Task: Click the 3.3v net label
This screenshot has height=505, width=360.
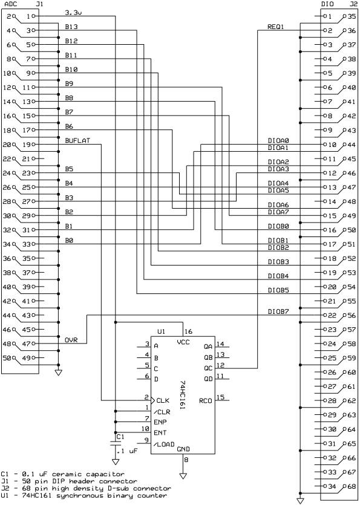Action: coord(73,12)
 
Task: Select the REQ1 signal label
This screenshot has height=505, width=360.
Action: coord(275,27)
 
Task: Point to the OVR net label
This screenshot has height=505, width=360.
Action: coord(71,340)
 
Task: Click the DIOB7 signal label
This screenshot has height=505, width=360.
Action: coord(278,311)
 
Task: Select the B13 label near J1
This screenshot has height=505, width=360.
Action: coord(71,27)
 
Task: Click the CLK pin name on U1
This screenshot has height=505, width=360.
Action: coord(162,400)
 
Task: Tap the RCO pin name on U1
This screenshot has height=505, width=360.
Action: coord(206,400)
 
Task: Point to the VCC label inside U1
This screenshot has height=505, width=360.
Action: coord(184,342)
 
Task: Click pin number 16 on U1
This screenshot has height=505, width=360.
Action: coord(188,331)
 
